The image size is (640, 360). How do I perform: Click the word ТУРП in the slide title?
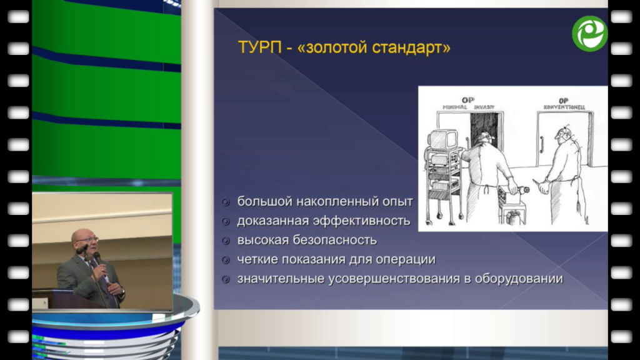[259, 47]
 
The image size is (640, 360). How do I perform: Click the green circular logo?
[590, 34]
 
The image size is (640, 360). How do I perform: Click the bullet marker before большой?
[226, 202]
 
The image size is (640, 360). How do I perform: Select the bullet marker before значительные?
[226, 279]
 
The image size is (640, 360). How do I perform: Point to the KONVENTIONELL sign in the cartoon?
[564, 107]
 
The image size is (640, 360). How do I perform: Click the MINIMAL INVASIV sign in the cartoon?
[468, 107]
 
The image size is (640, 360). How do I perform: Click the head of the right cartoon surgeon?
[564, 135]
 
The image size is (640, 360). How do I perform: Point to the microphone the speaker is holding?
[97, 257]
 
